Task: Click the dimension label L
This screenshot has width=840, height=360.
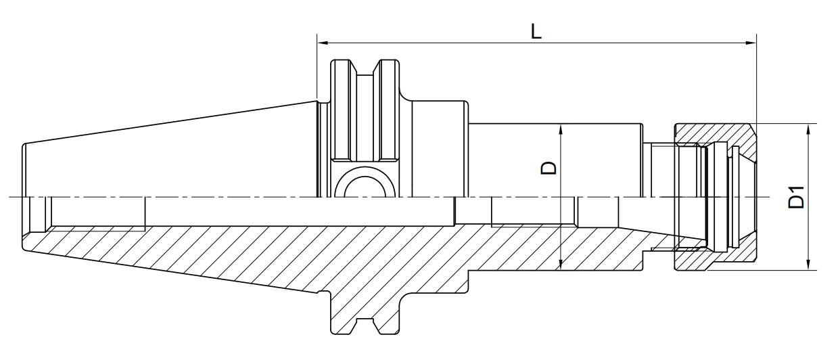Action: (536, 32)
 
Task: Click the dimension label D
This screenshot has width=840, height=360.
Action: (549, 168)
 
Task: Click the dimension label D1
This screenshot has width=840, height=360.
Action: (797, 197)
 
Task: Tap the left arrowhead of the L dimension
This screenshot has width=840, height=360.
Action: (323, 43)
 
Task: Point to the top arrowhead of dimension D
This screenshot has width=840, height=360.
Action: (561, 130)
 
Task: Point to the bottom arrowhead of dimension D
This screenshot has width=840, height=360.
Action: (561, 265)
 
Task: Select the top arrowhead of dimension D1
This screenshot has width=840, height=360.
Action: (808, 130)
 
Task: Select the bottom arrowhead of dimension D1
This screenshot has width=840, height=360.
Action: (808, 265)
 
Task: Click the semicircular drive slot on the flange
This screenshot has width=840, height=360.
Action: (365, 177)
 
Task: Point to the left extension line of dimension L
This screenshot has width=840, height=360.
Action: (317, 68)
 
